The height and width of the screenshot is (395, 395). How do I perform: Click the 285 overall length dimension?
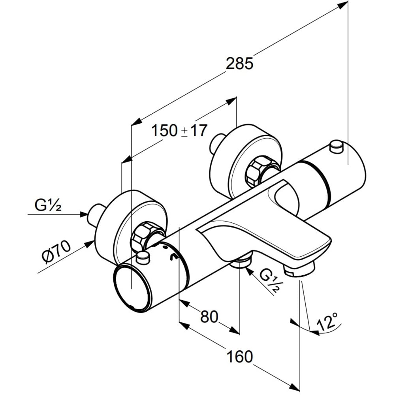[x=239, y=64]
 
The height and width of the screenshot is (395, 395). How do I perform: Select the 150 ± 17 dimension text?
[x=179, y=130]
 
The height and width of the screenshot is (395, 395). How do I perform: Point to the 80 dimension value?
[x=209, y=316]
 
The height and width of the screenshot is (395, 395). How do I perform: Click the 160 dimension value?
[x=240, y=356]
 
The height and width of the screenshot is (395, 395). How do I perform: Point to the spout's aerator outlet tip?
[x=299, y=270]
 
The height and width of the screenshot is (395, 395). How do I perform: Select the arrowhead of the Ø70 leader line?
[x=90, y=245]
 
